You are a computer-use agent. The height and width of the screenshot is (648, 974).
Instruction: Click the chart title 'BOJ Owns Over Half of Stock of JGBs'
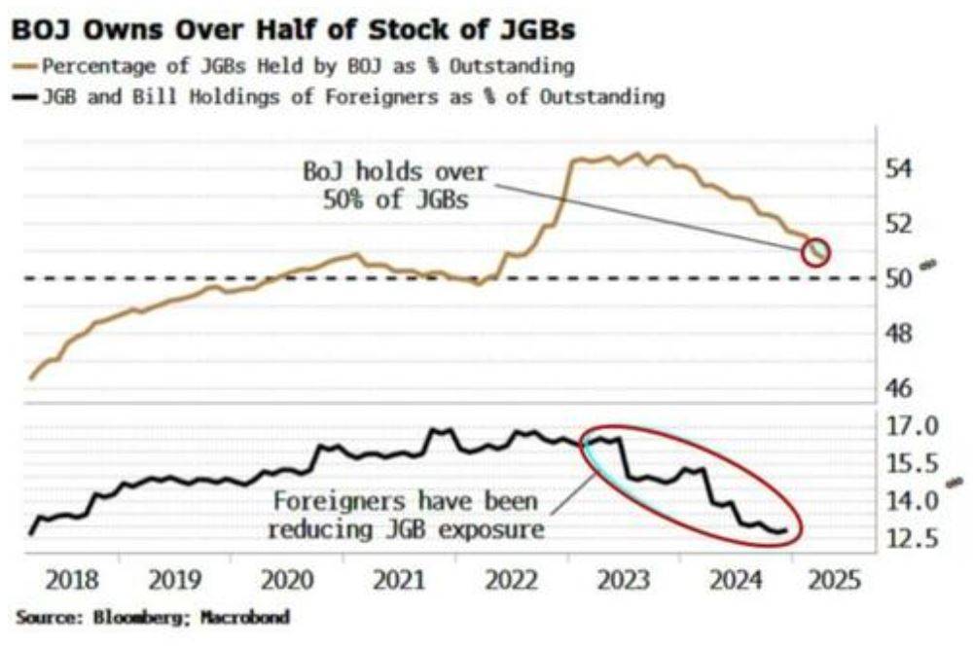(x=293, y=30)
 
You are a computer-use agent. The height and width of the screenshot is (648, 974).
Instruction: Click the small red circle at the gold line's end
(x=816, y=251)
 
